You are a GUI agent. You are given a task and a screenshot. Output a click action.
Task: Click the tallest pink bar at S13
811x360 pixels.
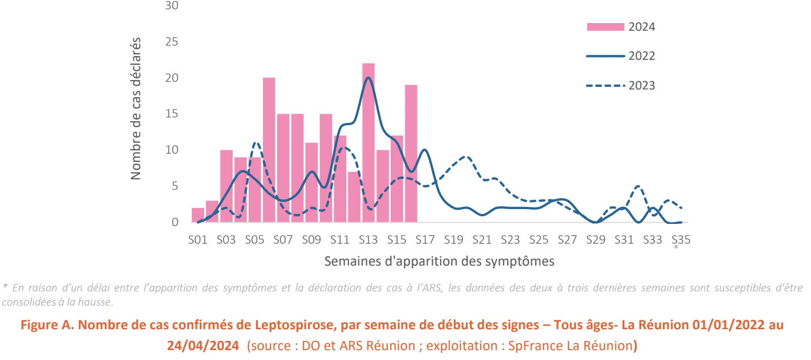click(x=368, y=143)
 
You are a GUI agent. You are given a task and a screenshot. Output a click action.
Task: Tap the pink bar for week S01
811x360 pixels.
click(x=198, y=215)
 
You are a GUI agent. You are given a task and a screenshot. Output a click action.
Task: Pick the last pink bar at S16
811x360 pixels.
click(x=411, y=154)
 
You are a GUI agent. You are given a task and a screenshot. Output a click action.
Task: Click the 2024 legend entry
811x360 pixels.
click(x=620, y=27)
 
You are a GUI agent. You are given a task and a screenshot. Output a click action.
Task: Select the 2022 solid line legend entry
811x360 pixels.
click(x=620, y=56)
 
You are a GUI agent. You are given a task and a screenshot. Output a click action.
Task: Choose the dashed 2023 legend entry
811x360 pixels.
click(x=620, y=86)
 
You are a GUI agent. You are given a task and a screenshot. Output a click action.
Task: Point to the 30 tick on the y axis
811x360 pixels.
click(x=172, y=6)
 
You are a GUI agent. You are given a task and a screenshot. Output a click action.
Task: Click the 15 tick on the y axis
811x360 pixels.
click(x=172, y=114)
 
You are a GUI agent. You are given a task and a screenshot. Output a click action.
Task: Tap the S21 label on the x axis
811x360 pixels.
click(x=482, y=240)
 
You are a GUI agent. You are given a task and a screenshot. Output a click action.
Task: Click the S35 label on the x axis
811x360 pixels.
click(x=680, y=240)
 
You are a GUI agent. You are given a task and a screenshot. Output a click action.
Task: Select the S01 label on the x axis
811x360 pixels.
click(x=198, y=240)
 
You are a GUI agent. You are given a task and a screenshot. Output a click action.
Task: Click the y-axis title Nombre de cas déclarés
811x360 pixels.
click(x=136, y=109)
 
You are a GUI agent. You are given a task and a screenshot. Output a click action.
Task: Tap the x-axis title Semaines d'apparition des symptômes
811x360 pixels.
click(x=439, y=261)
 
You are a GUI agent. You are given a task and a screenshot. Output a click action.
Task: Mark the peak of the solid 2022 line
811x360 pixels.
click(x=368, y=77)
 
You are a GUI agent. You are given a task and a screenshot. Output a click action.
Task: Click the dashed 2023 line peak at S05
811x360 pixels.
click(x=256, y=143)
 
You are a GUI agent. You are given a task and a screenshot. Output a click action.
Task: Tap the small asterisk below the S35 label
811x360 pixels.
click(x=676, y=248)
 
